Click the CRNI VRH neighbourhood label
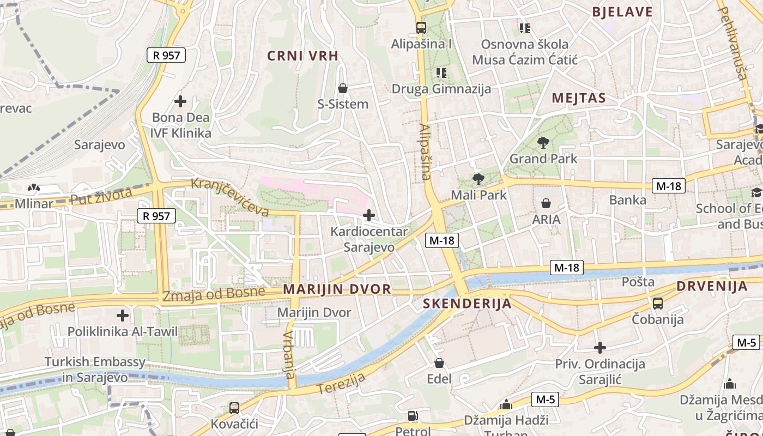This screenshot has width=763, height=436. [302, 56]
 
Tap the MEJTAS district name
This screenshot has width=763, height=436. [579, 98]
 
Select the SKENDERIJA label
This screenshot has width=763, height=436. [467, 304]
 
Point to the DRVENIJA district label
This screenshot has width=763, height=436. [712, 287]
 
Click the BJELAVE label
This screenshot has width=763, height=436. [622, 12]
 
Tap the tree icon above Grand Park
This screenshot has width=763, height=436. [543, 143]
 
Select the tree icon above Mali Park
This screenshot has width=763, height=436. [479, 179]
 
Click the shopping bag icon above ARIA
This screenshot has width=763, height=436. [546, 203]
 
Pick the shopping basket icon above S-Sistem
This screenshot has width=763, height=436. [343, 88]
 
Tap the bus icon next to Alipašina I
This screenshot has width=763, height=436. [421, 27]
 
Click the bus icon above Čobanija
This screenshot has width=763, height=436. [658, 304]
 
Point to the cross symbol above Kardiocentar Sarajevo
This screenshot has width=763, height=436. [369, 215]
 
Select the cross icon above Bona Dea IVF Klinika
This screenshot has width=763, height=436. [180, 101]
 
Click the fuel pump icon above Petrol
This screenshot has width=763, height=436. [413, 416]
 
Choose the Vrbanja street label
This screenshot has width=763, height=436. [289, 354]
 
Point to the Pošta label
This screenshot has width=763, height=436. [638, 282]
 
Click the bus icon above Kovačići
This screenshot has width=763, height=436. [234, 408]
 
